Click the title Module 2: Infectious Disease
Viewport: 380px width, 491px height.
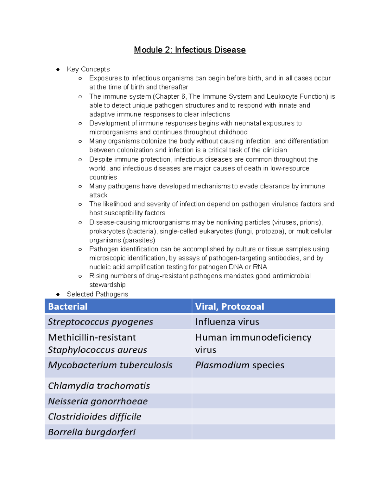[x=190, y=50]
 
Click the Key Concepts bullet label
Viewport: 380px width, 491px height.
[x=88, y=69]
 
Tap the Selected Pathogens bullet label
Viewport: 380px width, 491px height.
[x=97, y=294]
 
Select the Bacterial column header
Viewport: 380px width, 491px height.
[x=68, y=306]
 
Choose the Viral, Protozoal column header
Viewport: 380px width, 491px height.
[x=229, y=306]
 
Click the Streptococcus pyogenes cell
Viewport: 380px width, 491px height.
[x=100, y=322]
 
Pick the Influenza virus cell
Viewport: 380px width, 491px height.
[x=227, y=322]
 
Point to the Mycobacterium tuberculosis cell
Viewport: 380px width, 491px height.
[x=110, y=365]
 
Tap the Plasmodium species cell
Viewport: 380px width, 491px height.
[x=239, y=365]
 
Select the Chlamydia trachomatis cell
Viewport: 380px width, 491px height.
[x=99, y=386]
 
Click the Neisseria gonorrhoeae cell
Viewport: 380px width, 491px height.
[x=98, y=401]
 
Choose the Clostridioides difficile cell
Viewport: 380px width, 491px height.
[x=94, y=417]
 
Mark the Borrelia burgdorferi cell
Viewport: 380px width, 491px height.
[x=92, y=432]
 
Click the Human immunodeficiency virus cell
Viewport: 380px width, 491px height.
[x=253, y=343]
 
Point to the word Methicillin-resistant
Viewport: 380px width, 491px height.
[x=92, y=337]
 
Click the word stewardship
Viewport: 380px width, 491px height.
[x=107, y=285]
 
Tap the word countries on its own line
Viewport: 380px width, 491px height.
[x=103, y=177]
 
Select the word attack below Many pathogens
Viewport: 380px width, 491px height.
[x=98, y=195]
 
